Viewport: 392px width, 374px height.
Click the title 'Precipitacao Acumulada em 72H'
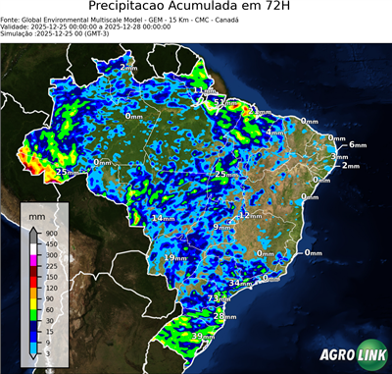point(196,8)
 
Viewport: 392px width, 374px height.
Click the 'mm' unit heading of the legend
point(36,214)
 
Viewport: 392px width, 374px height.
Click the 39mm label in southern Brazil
point(203,337)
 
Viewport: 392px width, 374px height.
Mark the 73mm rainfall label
point(219,298)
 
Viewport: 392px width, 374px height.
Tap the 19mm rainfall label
point(174,257)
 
